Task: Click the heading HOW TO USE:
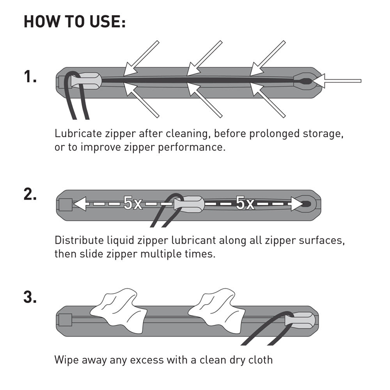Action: click(x=74, y=21)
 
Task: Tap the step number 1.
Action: click(x=30, y=76)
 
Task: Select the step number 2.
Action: click(x=30, y=194)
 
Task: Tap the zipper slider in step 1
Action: click(x=86, y=81)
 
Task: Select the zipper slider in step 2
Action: click(x=189, y=204)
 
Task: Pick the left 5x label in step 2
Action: click(x=133, y=203)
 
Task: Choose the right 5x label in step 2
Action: click(x=245, y=203)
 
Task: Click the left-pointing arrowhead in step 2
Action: click(x=80, y=204)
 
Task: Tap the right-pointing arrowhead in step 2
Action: click(x=297, y=204)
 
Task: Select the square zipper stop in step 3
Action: click(x=65, y=320)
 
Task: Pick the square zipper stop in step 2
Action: click(x=65, y=204)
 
